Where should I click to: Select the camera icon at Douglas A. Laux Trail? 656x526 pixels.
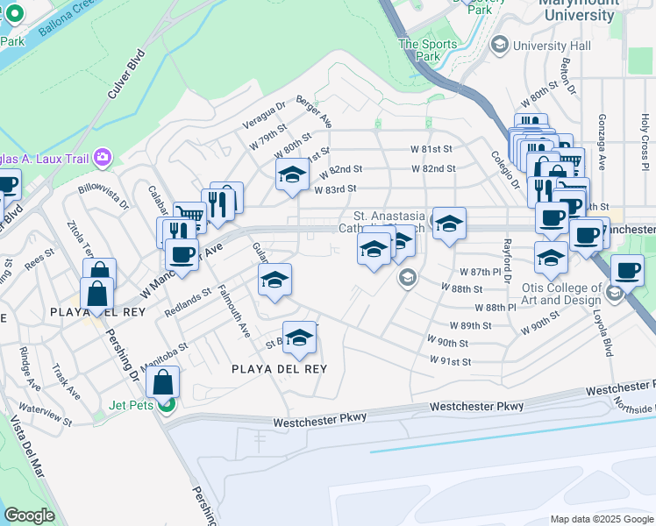tap(103, 157)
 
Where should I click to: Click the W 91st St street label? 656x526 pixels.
tap(450, 361)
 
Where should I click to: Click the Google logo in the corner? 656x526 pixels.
tap(29, 515)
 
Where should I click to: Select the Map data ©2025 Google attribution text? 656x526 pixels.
tap(602, 519)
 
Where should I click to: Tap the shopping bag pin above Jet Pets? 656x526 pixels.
tap(163, 382)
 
